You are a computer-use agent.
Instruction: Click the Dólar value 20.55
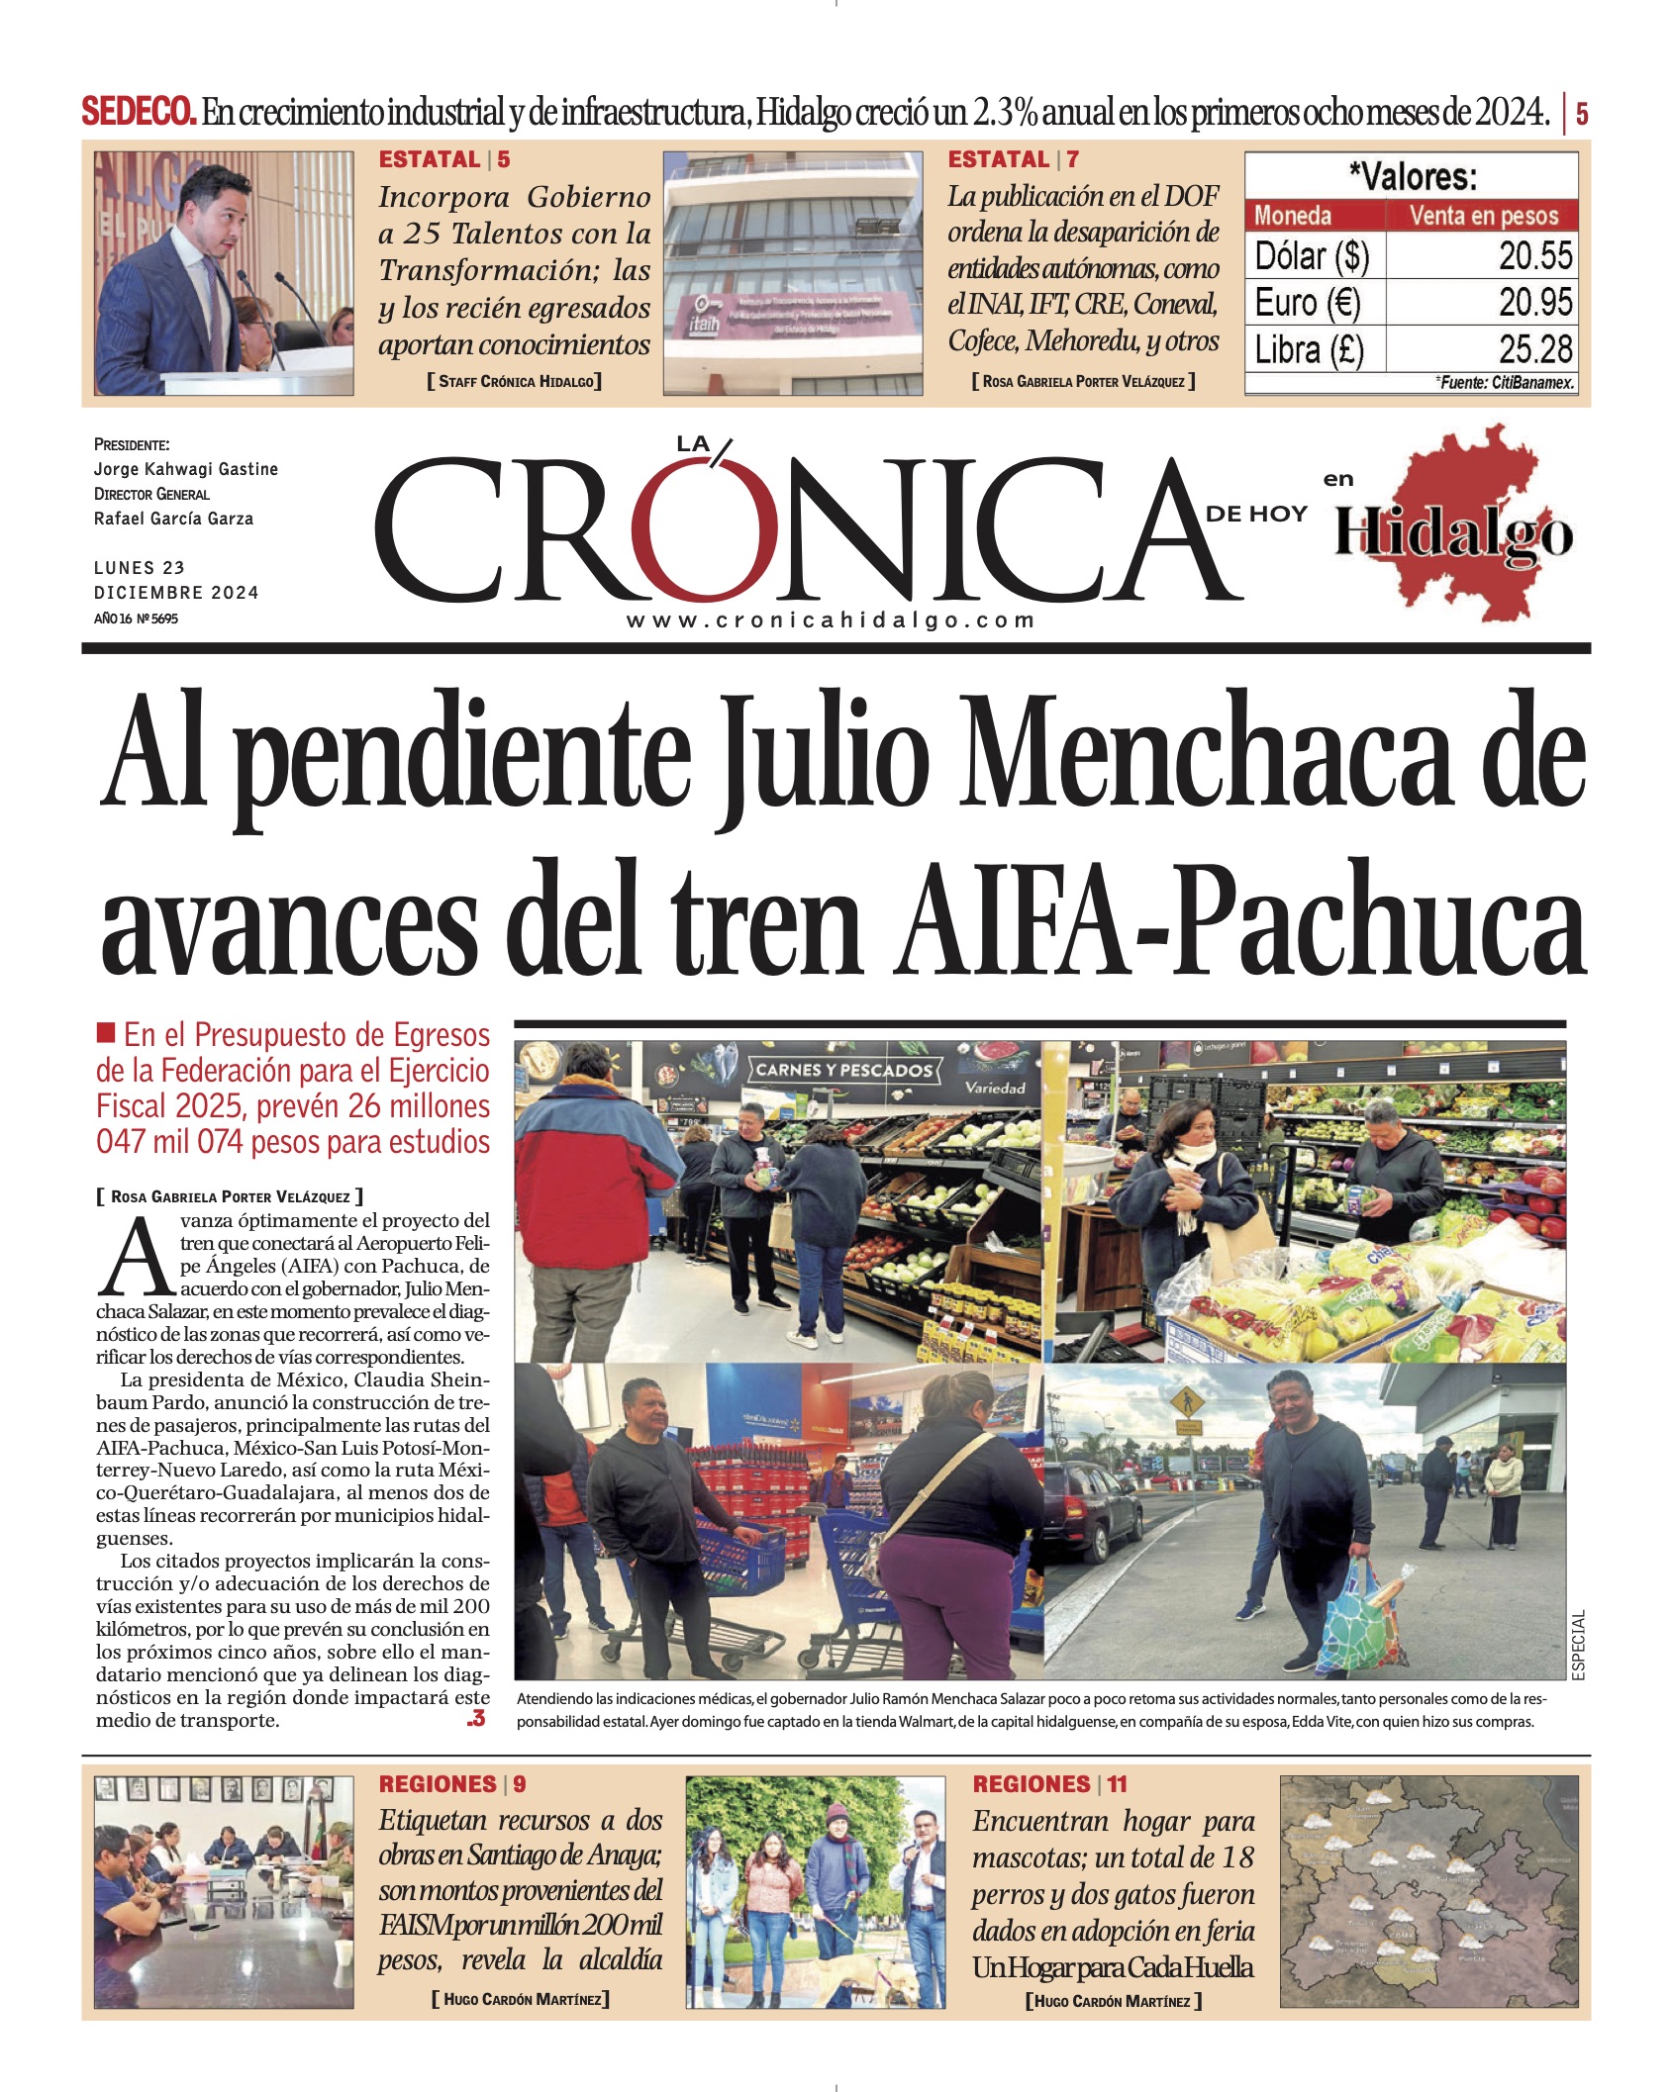(x=1534, y=255)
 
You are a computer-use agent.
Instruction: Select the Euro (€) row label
(x=1308, y=302)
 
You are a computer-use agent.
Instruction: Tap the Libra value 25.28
(x=1534, y=349)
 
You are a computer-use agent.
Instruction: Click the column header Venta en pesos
(x=1483, y=215)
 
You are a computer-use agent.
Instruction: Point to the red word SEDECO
(x=139, y=112)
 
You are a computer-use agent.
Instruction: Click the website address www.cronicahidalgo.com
(x=830, y=620)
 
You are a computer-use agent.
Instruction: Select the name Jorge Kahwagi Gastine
(x=186, y=469)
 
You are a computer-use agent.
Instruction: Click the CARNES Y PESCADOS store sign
(x=843, y=1070)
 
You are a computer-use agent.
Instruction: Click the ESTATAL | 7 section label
(x=1013, y=159)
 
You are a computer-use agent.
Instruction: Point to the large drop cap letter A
(x=137, y=1258)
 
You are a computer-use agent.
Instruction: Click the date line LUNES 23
(x=140, y=568)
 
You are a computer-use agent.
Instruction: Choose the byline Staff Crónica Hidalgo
(x=514, y=381)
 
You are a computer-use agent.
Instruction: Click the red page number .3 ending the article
(x=476, y=1719)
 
